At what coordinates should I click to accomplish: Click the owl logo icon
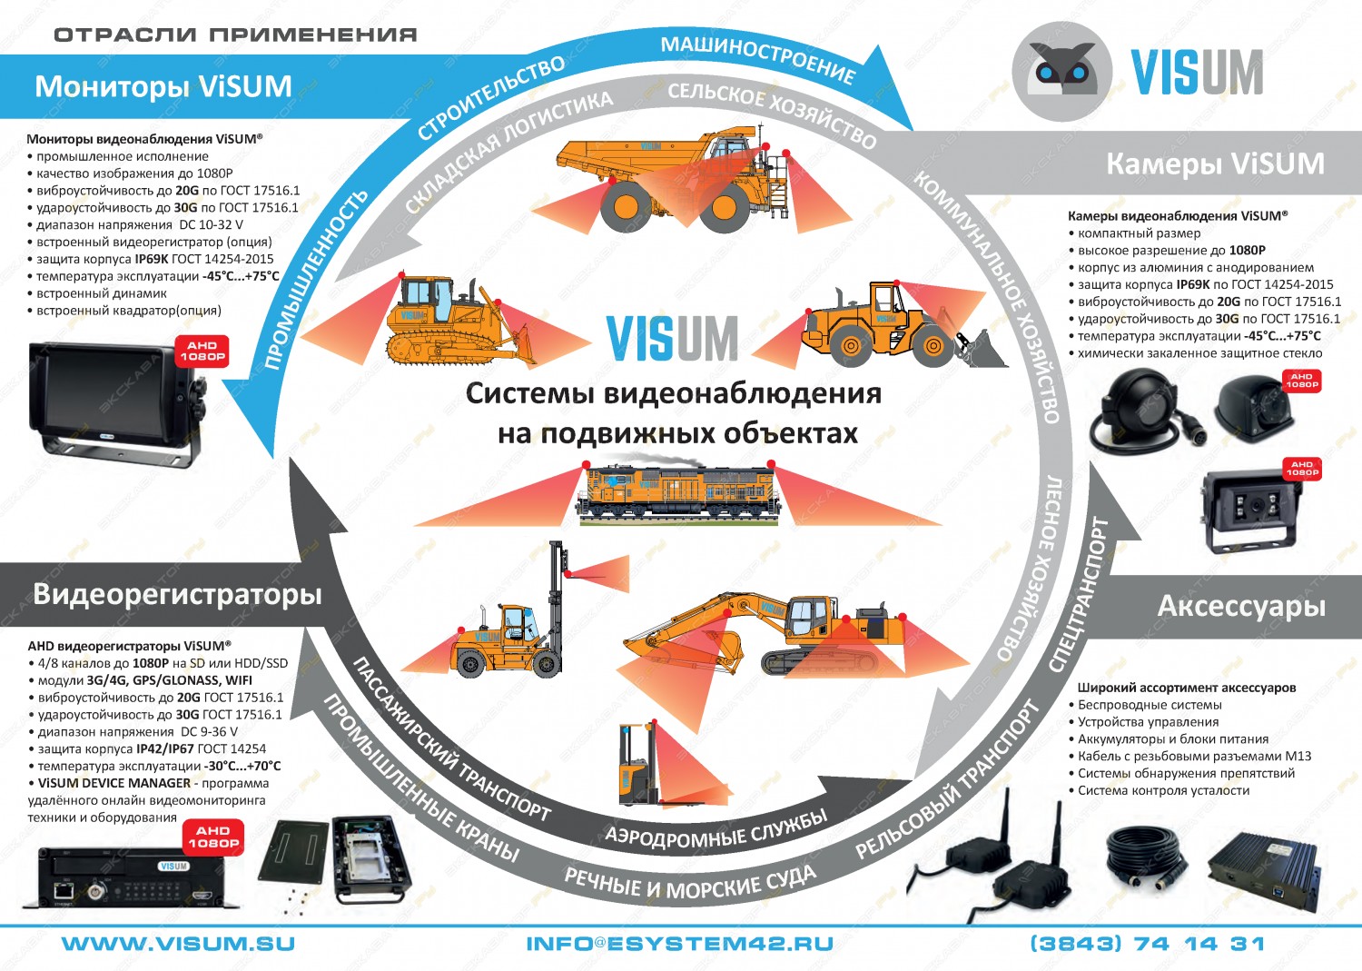point(1061,72)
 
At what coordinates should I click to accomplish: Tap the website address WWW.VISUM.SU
point(178,945)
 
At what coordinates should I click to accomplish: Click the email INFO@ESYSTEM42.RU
point(679,945)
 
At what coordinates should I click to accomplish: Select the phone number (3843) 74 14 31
point(1147,945)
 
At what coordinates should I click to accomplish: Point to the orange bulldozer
point(454,322)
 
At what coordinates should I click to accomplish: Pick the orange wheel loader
point(894,327)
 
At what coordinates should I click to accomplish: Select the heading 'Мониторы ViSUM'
point(163,86)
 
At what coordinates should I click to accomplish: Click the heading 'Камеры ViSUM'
point(1215,163)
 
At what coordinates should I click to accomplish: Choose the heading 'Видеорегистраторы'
point(177,594)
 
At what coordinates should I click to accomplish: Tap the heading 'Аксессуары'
point(1240,606)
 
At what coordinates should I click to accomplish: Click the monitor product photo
point(113,400)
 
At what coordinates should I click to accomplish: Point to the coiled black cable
point(1147,858)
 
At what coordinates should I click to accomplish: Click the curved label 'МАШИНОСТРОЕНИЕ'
point(757,58)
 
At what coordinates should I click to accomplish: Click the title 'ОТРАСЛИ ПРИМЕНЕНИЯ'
point(235,35)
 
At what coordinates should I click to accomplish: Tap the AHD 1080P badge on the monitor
point(202,352)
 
